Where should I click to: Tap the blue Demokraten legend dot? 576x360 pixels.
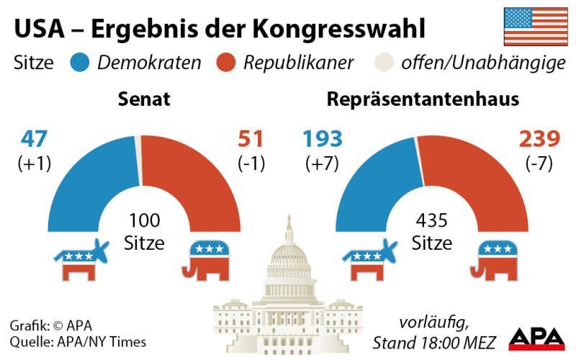click(x=80, y=63)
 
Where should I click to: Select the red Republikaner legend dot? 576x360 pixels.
click(x=226, y=63)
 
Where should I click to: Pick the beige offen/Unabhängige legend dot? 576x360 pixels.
click(x=387, y=63)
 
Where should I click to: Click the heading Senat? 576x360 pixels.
click(x=144, y=99)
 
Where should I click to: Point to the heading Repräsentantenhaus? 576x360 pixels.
click(x=423, y=99)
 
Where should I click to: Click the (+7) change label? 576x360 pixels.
click(x=323, y=163)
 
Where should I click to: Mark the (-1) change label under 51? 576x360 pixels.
click(x=251, y=163)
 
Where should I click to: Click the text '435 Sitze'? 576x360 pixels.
click(x=432, y=232)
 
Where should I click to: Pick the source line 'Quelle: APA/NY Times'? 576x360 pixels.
click(x=78, y=342)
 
